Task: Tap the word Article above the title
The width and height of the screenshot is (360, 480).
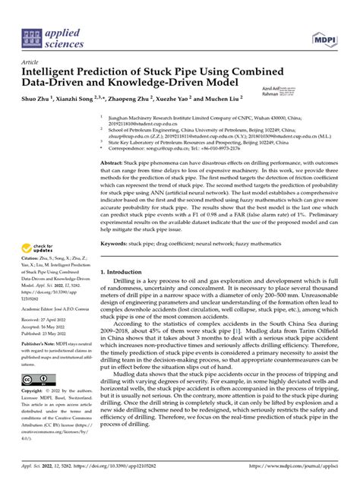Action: click(x=31, y=62)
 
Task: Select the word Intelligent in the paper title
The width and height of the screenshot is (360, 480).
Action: click(x=56, y=73)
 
